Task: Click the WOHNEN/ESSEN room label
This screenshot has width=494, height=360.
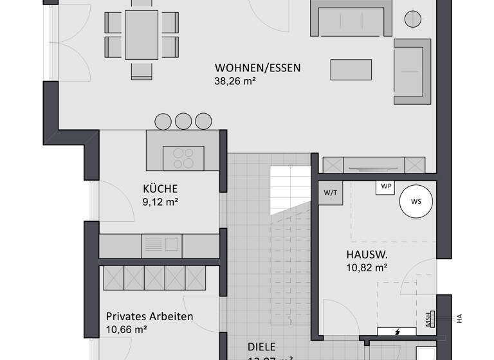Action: [x=257, y=67]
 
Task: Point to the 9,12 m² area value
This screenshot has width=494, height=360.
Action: [x=160, y=202]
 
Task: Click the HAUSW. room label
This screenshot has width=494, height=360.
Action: [x=367, y=254]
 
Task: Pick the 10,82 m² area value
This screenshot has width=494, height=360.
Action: [x=367, y=267]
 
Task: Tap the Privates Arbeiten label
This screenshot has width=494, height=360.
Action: [x=149, y=316]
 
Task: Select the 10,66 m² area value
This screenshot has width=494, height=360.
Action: [x=127, y=330]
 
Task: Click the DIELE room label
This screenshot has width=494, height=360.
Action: [x=262, y=347]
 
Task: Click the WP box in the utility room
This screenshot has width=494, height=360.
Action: [x=386, y=186]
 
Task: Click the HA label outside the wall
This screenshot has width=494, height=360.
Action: [x=459, y=318]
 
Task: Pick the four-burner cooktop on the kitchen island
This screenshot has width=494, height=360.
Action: [x=183, y=157]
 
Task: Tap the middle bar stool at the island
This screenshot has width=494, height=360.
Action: [x=183, y=121]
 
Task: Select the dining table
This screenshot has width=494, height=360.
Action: [x=142, y=34]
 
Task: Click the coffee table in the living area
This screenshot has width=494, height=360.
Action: [x=351, y=69]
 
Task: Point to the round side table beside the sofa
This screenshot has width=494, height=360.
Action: [x=411, y=17]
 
